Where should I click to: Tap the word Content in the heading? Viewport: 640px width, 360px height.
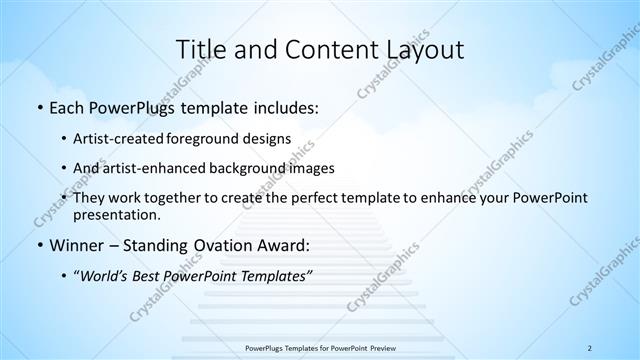point(325,49)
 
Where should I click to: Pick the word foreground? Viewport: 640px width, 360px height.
point(212,138)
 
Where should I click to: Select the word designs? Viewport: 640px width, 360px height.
point(269,138)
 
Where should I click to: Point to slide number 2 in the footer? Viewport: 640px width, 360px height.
point(590,347)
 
